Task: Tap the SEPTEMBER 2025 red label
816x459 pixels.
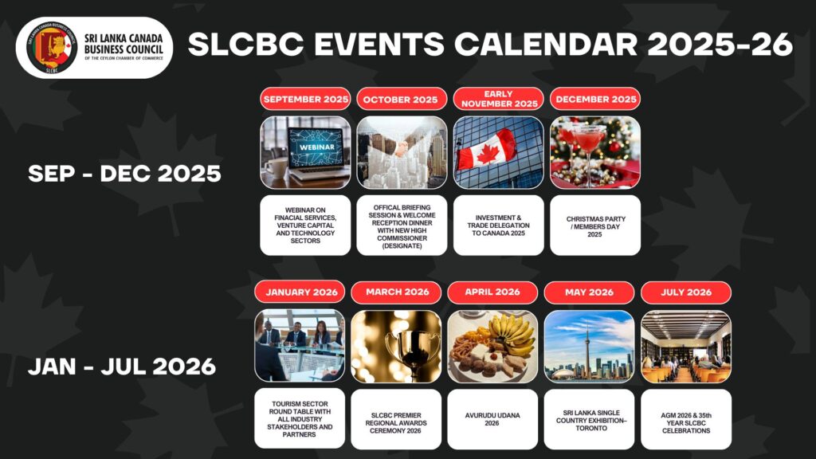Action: point(305,99)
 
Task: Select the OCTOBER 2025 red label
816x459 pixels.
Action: point(402,99)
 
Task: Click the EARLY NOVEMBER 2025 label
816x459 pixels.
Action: point(499,99)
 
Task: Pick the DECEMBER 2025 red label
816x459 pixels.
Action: point(595,99)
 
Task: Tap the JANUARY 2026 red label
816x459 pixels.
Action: point(300,292)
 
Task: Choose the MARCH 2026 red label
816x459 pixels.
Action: point(396,292)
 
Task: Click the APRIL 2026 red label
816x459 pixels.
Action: point(492,292)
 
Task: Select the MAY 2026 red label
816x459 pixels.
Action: point(589,292)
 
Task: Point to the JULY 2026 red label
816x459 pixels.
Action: point(686,292)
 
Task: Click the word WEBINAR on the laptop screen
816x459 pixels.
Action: point(316,147)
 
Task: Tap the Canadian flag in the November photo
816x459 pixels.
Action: point(486,149)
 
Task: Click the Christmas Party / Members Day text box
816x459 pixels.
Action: point(595,226)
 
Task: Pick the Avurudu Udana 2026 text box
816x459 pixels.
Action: point(492,419)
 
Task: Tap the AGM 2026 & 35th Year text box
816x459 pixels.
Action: point(686,419)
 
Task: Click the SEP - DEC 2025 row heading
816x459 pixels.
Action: point(124,174)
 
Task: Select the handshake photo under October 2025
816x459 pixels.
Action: point(402,152)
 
